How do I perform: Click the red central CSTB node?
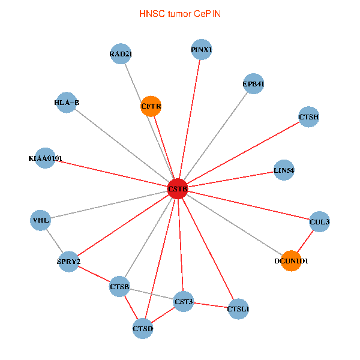pos(178,188)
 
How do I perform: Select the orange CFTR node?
pos(151,106)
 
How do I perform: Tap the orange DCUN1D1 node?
pos(291,260)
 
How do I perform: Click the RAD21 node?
pos(121,54)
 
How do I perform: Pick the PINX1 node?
pos(202,49)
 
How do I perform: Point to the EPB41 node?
pos(253,84)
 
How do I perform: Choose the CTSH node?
pos(308,116)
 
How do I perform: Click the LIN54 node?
pos(284,170)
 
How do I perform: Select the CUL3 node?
pos(319,221)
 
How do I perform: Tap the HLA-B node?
pos(67,102)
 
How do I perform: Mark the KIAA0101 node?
pos(45,158)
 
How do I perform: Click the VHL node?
pos(41,220)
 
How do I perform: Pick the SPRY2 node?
pos(68,262)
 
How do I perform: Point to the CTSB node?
pos(119,288)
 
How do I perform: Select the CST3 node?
pos(184,301)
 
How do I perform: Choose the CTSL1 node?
pos(238,309)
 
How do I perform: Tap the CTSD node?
pos(143,328)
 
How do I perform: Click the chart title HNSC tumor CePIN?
pos(179,13)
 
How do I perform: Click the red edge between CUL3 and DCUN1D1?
pos(305,241)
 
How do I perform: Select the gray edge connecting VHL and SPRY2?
pos(55,241)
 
